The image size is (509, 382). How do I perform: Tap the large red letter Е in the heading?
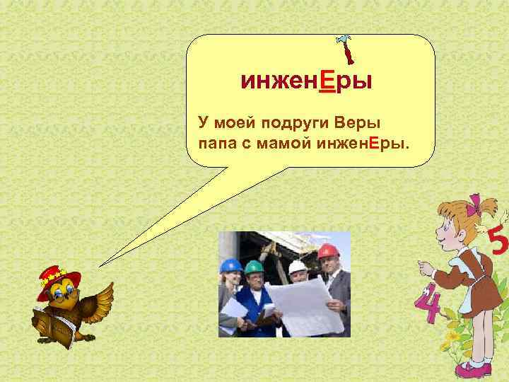327,83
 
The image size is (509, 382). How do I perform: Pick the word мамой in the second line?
291,144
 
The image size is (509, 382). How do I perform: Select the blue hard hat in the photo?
230,265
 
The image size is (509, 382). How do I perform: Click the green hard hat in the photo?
253,267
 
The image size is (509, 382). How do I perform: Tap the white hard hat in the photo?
298,267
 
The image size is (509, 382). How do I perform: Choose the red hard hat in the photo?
327,252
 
